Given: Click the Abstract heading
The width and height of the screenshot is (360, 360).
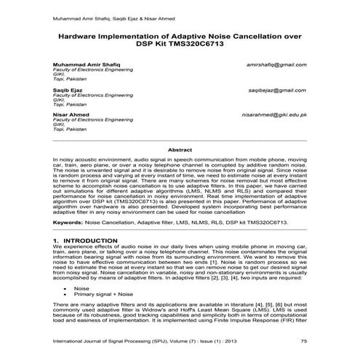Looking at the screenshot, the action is [x=180, y=149].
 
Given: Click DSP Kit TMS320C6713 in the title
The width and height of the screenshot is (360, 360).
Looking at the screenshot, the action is [x=180, y=44].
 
